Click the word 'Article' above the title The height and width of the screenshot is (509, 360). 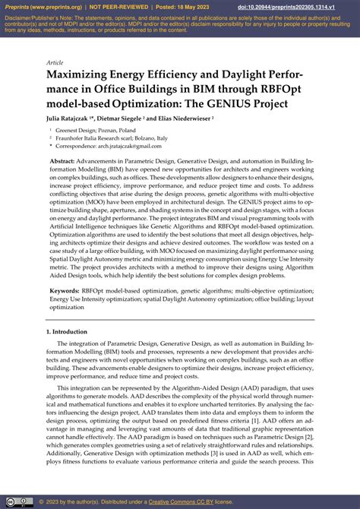point(55,62)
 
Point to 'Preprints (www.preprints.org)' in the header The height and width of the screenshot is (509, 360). point(44,6)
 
